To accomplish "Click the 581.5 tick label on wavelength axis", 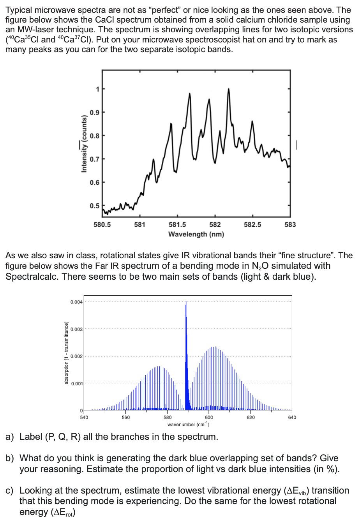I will click(177, 224).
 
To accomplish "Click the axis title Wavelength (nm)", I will click(196, 234).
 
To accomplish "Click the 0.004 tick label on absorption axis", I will click(76, 303).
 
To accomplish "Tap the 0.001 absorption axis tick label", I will click(76, 384).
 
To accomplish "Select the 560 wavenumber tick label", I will click(125, 417).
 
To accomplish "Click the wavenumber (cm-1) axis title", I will click(188, 424).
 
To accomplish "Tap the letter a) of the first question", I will click(10, 437).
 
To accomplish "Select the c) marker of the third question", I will click(10, 490).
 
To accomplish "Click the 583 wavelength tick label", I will click(290, 224).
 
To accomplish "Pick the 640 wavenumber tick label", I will click(292, 417).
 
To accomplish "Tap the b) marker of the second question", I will click(10, 458).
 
